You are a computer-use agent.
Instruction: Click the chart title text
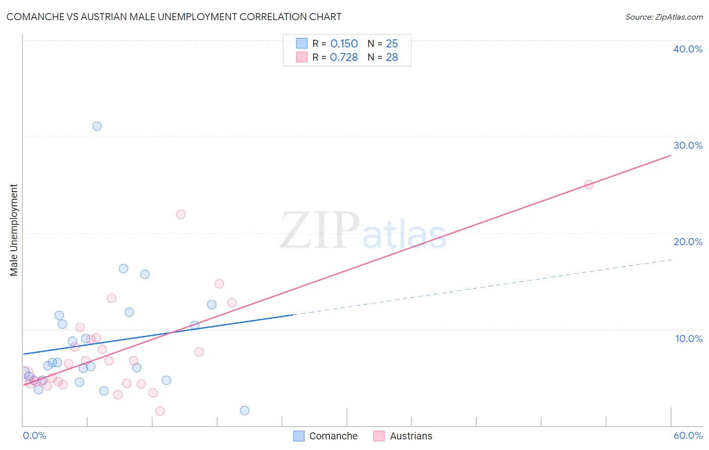pos(174,17)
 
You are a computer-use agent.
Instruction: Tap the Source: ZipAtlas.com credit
pos(664,17)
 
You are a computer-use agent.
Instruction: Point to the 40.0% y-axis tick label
pos(688,49)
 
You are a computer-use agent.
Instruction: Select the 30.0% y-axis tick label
pos(688,145)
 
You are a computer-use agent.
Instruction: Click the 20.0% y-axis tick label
pos(688,242)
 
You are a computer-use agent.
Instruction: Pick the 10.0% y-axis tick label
pos(688,339)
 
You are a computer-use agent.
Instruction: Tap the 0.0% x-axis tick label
pos(34,435)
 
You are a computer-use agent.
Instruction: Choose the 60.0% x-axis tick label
pos(688,435)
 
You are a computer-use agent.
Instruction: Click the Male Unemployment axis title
pos(14,230)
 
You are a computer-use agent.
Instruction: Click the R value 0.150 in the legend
pos(344,44)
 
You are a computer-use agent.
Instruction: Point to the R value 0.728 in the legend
pos(344,58)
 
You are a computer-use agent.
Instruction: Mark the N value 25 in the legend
pos(392,44)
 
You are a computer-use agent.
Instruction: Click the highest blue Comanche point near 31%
pos(97,126)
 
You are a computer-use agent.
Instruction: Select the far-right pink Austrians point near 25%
pos(588,185)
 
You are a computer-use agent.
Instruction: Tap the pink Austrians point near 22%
pos(181,214)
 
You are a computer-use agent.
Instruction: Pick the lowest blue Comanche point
pos(245,411)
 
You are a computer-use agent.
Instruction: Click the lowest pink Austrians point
pos(160,411)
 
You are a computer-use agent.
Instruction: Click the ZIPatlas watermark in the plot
pos(363,231)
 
